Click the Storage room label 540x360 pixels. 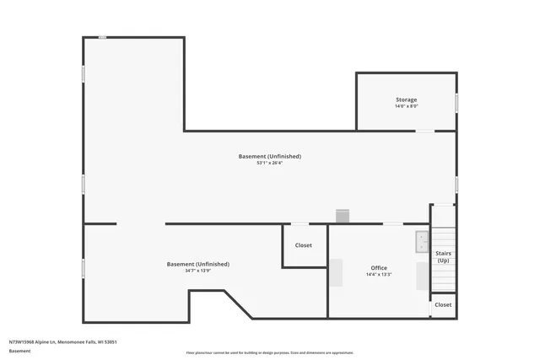coord(406,99)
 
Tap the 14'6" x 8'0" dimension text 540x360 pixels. coord(406,107)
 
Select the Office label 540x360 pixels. coord(379,268)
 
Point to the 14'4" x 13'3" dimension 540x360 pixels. coord(379,275)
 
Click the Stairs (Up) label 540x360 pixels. coord(443,256)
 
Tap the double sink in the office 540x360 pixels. coord(422,243)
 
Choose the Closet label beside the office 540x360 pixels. coord(303,245)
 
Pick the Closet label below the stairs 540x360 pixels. coord(443,304)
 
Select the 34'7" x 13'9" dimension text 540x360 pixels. coord(197,271)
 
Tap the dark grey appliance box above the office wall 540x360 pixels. coord(342,217)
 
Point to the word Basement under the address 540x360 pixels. coord(19,350)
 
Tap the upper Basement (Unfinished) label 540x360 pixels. coord(269,156)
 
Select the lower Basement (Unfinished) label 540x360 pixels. coord(197,264)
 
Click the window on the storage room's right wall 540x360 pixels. coord(456,102)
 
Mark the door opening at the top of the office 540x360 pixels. coord(393,223)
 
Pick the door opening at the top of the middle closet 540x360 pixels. coord(300,223)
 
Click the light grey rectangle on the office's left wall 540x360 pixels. coord(336,273)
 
